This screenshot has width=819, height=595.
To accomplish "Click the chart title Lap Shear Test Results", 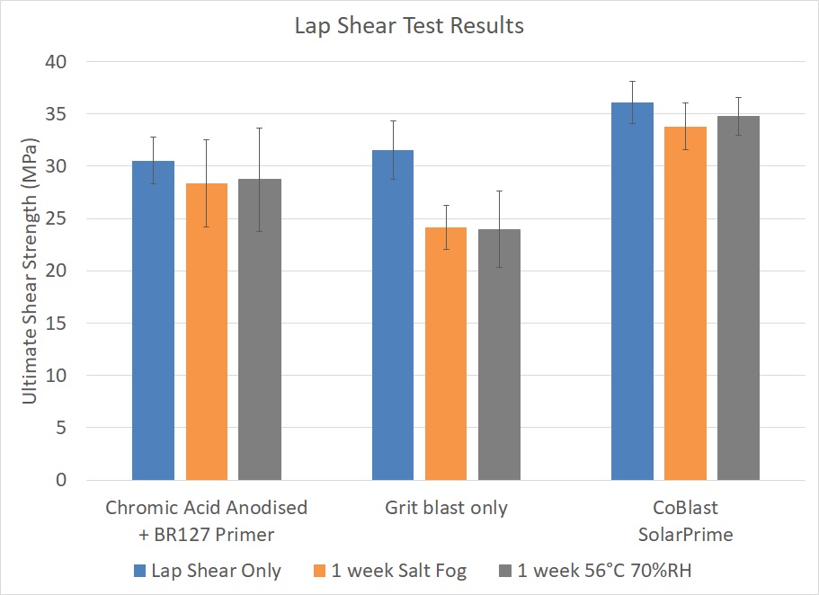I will tap(409, 26).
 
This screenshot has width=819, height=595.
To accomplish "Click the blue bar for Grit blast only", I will tap(393, 315).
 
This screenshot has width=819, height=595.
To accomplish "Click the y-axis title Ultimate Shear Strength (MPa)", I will tap(31, 271).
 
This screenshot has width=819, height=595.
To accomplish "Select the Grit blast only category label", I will tap(446, 508).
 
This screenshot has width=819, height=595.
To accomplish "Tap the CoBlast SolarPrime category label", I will tap(685, 521).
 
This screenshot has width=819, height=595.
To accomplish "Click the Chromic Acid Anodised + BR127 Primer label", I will tap(206, 521).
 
